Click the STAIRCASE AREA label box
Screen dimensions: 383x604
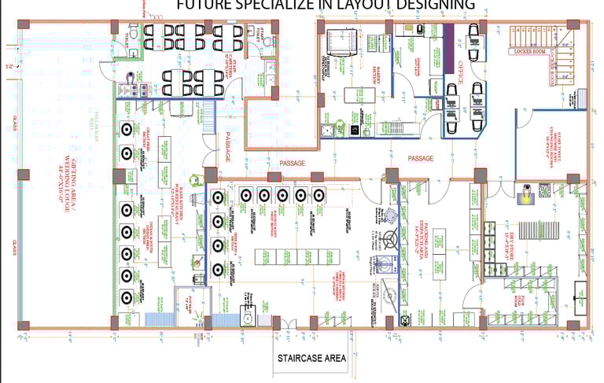click(311, 358)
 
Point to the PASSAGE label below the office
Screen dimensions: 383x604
click(420, 158)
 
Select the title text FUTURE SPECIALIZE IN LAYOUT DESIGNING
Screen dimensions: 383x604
click(325, 6)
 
